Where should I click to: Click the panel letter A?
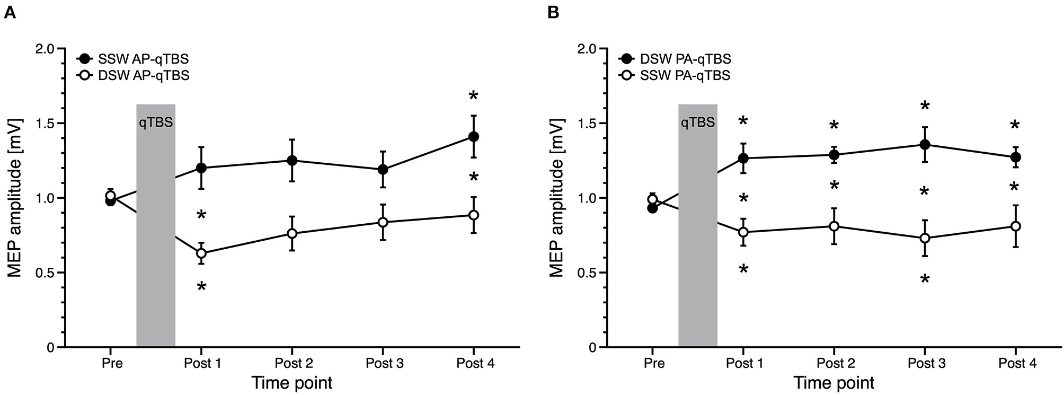pos(9,13)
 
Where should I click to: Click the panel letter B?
pos(553,13)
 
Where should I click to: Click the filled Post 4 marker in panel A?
pos(473,137)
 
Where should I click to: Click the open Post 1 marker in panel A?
pos(201,253)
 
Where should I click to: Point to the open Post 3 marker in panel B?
pos(925,238)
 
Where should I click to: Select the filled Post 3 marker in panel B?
pos(925,145)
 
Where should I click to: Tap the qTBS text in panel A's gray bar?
pos(156,123)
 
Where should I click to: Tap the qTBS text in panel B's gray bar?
pos(698,123)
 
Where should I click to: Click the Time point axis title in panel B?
pos(834,383)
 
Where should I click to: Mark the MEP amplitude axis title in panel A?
pos(16,198)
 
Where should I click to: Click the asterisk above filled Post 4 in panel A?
pos(473,96)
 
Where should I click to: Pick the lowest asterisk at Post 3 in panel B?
pos(925,279)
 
